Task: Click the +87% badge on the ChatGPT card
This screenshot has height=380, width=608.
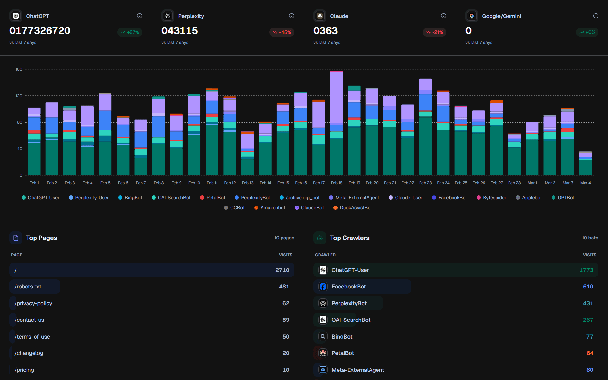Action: (x=130, y=32)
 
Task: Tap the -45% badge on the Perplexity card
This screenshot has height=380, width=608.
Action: (x=282, y=32)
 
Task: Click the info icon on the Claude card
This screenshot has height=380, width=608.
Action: (x=443, y=16)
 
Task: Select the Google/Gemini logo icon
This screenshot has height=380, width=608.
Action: (x=472, y=16)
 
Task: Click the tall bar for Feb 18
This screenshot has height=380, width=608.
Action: (x=336, y=123)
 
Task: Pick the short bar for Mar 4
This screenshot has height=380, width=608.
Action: (x=585, y=164)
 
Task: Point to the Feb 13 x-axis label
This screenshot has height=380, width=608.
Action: (x=248, y=183)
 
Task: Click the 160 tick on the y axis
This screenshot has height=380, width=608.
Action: (x=19, y=69)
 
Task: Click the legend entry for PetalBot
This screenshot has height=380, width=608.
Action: (x=212, y=198)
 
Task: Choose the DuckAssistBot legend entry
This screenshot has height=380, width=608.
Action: (x=352, y=208)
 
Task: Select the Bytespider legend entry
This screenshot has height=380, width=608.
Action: (x=491, y=198)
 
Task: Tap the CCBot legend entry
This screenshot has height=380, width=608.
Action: (x=234, y=208)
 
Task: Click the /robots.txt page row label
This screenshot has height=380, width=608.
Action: (x=28, y=287)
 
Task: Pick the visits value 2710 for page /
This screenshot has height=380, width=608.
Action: (x=282, y=270)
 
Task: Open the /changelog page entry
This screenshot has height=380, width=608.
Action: (x=29, y=353)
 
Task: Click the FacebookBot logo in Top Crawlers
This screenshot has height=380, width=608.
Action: (x=323, y=287)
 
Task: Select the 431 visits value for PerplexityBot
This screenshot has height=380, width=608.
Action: (x=588, y=303)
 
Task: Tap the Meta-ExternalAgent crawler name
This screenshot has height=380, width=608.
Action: (x=358, y=370)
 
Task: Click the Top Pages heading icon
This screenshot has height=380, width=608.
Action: (x=16, y=238)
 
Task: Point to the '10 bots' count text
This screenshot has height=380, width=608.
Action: (x=590, y=238)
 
